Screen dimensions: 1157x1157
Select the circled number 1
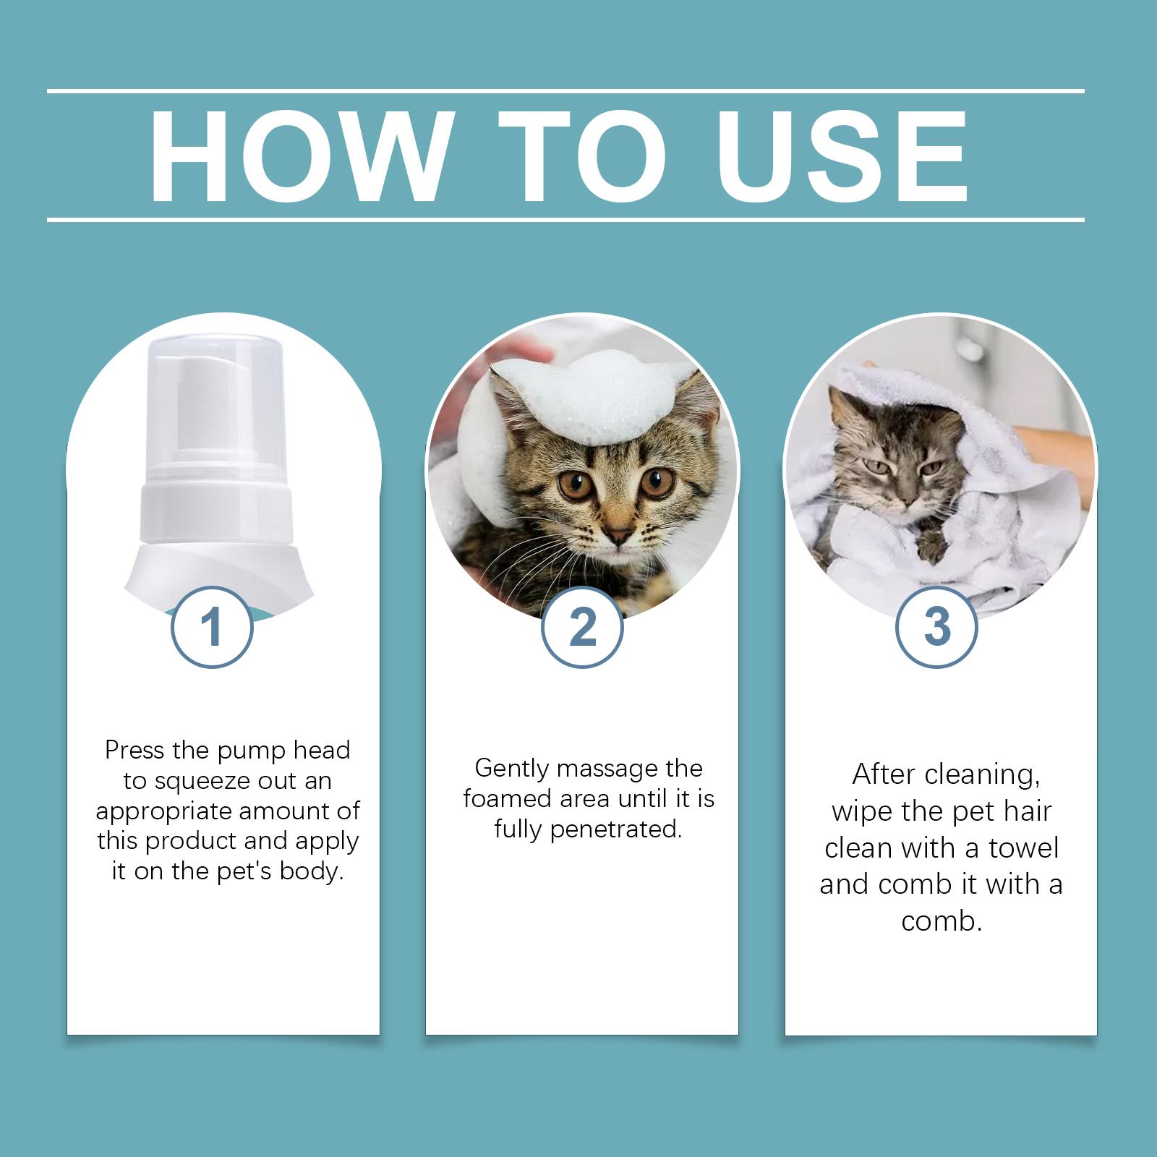coord(212,627)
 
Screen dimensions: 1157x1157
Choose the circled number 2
coord(582,627)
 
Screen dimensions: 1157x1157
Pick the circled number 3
coord(937,627)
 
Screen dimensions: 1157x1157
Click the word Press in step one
coord(135,750)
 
